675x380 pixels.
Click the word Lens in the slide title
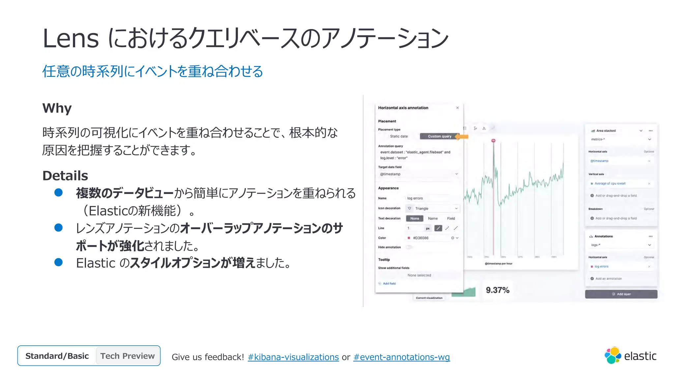[71, 39]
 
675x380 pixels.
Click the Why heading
[57, 108]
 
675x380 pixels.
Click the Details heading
[65, 176]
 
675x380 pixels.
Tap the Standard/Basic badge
[57, 356]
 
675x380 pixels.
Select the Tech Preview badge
[128, 356]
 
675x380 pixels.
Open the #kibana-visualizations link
[293, 357]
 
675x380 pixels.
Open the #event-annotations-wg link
[401, 357]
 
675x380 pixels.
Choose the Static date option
[399, 136]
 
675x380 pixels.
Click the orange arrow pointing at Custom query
[462, 137]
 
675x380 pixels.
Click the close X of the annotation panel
[457, 108]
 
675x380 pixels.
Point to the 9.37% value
[498, 290]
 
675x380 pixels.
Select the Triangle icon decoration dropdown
[432, 208]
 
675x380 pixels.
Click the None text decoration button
[415, 218]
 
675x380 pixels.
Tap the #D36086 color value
[421, 238]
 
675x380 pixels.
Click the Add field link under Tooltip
[389, 284]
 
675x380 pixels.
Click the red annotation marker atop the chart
[493, 141]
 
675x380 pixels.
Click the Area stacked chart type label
[606, 131]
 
